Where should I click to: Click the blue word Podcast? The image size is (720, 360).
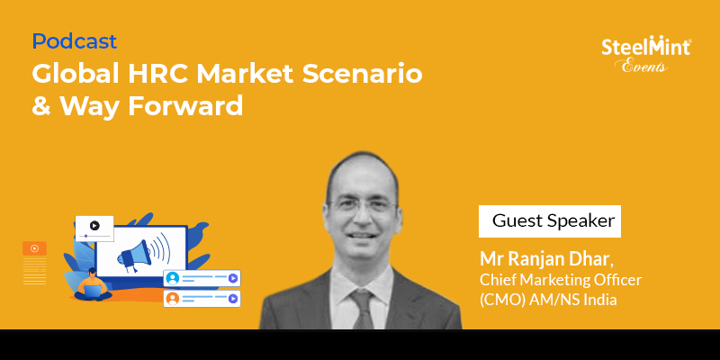tap(75, 41)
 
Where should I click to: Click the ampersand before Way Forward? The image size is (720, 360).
tap(40, 106)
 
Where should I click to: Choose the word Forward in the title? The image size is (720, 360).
tap(185, 106)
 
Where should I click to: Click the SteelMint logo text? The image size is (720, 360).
tap(646, 47)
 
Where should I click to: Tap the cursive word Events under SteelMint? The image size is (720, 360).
tap(644, 66)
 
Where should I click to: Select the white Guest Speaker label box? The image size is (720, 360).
tap(550, 221)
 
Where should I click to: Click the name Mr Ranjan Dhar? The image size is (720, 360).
tap(546, 259)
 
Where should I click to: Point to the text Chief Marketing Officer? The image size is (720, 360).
tap(560, 280)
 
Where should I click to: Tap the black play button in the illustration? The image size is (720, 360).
tap(94, 226)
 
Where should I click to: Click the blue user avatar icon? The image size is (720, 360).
tap(173, 278)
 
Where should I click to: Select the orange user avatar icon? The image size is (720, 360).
tap(173, 299)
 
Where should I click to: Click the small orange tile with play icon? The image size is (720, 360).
tap(34, 248)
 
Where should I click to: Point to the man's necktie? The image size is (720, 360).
tap(363, 309)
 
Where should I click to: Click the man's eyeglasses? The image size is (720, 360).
tap(364, 205)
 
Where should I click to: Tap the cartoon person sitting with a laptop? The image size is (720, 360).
tap(93, 285)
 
